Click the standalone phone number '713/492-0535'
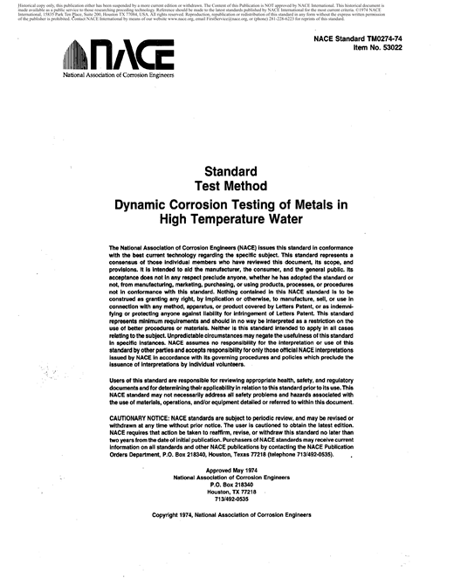(x=231, y=500)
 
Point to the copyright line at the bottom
(x=231, y=515)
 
